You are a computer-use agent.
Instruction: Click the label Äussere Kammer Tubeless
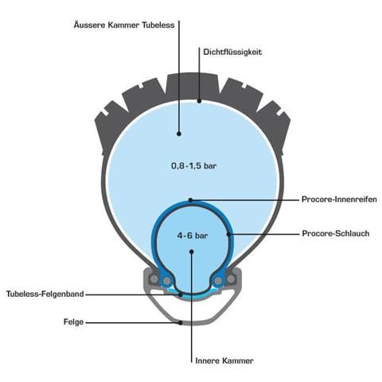tap(124, 25)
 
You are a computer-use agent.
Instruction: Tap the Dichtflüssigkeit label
tap(232, 52)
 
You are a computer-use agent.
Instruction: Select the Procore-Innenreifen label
tap(339, 199)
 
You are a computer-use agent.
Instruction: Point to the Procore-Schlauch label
tap(336, 233)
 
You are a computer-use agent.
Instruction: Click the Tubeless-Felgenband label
tap(45, 294)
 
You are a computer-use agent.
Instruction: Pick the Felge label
tap(73, 322)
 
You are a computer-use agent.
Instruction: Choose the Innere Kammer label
tap(224, 361)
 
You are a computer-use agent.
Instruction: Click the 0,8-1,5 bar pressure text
tap(194, 166)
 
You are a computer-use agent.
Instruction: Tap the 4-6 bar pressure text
tap(193, 236)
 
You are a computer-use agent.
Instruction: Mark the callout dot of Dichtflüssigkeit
tap(199, 101)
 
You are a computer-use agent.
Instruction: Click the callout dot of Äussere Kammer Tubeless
tap(179, 134)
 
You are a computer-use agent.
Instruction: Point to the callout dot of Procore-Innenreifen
tap(190, 200)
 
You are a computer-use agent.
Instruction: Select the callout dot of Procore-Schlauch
tap(228, 234)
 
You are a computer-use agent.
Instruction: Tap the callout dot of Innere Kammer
tap(192, 251)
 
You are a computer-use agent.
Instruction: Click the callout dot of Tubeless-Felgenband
tap(181, 294)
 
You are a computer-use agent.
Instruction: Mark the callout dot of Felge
tap(181, 322)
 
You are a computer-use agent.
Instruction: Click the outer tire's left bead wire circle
tap(154, 279)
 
